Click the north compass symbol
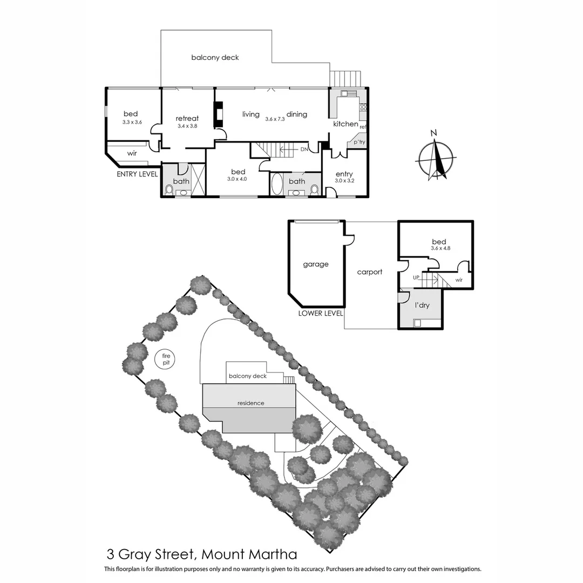[x=436, y=159]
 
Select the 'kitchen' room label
[x=345, y=124]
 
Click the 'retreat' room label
[x=187, y=118]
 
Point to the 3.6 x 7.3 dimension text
[x=274, y=119]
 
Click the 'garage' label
[x=315, y=264]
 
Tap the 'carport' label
[x=370, y=272]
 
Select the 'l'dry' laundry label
[x=422, y=306]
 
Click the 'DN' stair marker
[x=305, y=149]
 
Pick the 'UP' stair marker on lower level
[x=416, y=277]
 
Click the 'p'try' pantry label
[x=359, y=142]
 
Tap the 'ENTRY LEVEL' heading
[x=137, y=174]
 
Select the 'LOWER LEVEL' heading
[x=321, y=313]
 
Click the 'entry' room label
[x=344, y=174]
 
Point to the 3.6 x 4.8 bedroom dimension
[x=441, y=248]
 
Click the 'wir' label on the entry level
[x=132, y=153]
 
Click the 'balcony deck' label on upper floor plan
[x=215, y=57]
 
